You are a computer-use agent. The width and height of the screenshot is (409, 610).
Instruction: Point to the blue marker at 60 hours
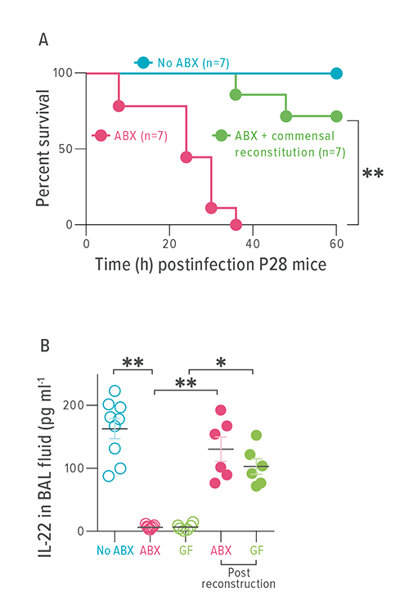coord(336,73)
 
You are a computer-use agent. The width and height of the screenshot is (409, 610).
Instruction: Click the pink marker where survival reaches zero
coord(236,224)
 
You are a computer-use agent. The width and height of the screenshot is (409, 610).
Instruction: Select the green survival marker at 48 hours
coord(286,116)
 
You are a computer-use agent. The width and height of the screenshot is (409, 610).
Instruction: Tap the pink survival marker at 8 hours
coord(119,106)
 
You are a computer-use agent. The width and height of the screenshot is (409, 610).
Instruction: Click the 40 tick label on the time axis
coord(253,242)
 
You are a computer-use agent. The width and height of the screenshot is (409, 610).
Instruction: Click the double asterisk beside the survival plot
coord(373,174)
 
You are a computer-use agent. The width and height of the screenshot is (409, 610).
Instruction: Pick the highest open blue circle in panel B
coord(115,391)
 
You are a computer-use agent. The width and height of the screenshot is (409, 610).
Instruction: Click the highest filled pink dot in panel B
coord(220,411)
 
